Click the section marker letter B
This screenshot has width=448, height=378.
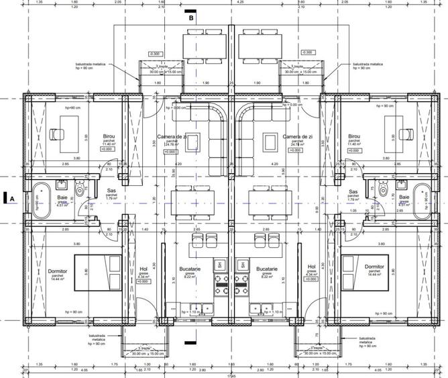click(x=191, y=19)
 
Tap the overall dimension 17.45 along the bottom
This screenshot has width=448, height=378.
click(x=233, y=375)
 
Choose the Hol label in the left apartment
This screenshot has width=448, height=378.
click(x=143, y=270)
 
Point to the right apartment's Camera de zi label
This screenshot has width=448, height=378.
click(x=296, y=136)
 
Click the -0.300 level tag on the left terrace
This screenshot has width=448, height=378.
click(x=156, y=53)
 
